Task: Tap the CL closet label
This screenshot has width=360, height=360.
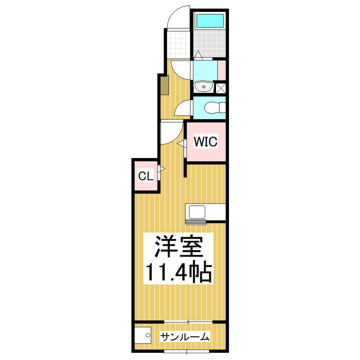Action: coord(145,176)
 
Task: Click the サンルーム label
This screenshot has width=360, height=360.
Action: coord(184,337)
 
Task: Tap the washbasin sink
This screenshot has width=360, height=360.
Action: coord(203,87)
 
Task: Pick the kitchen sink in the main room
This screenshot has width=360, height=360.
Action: coord(198,212)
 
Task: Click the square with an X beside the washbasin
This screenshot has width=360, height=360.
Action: coord(220,87)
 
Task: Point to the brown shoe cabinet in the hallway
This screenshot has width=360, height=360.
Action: coord(164,85)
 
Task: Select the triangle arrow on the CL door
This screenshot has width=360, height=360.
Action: coord(160,169)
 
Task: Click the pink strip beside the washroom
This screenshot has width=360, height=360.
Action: coord(222,70)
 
